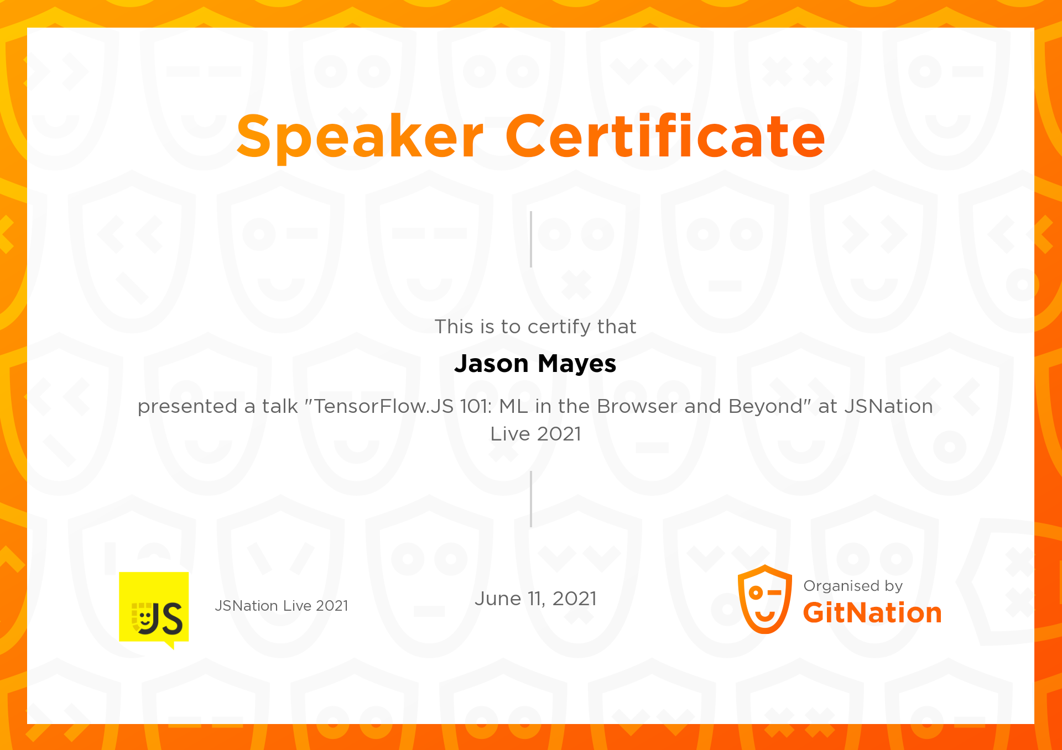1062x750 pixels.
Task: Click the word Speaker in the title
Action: click(x=360, y=137)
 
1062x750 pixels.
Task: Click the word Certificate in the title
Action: click(x=665, y=135)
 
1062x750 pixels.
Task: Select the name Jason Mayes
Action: click(x=535, y=364)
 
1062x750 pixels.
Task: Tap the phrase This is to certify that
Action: click(x=535, y=327)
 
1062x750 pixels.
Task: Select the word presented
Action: click(x=188, y=407)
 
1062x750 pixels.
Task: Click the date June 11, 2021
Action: click(x=535, y=599)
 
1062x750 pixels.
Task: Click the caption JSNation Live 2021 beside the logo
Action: click(x=282, y=606)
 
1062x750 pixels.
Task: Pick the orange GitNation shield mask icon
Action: click(x=765, y=599)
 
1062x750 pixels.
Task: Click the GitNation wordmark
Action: click(x=872, y=613)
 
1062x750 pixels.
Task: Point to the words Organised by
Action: click(x=853, y=586)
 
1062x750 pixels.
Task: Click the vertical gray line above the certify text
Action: click(x=531, y=239)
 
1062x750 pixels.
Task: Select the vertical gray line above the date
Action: click(x=531, y=499)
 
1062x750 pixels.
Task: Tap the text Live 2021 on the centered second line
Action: click(x=535, y=434)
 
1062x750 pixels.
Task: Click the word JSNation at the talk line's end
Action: click(x=888, y=406)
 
